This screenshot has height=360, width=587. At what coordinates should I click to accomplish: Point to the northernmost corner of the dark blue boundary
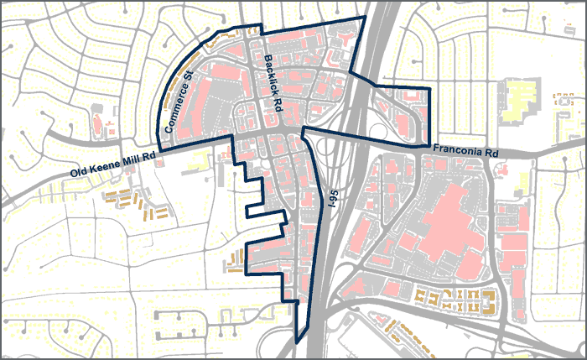(x=366, y=17)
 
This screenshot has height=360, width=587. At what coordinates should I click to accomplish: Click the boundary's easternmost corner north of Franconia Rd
(x=429, y=87)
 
